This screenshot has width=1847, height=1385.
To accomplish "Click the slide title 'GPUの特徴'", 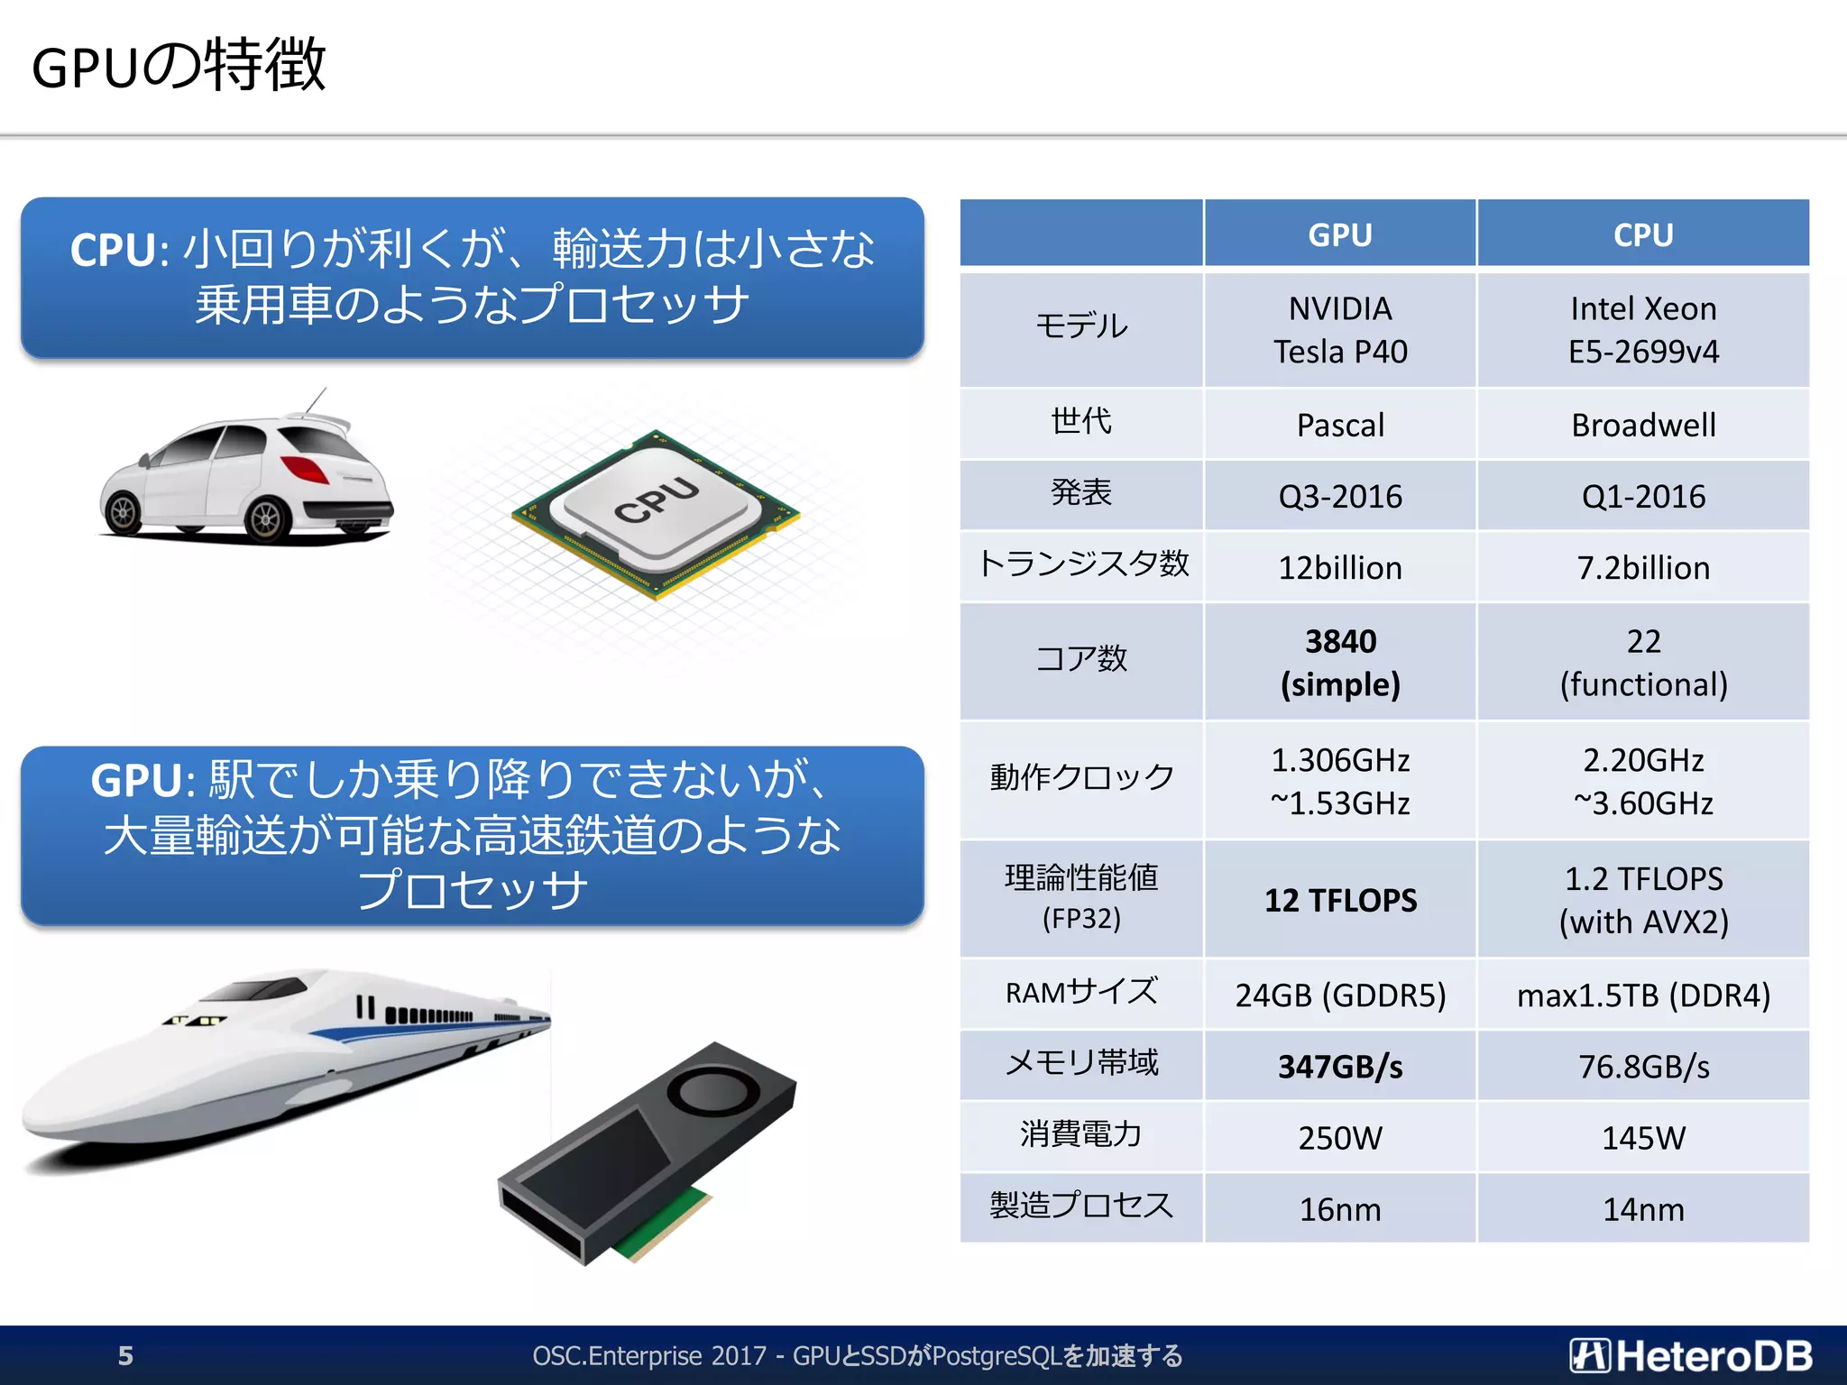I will pyautogui.click(x=179, y=66).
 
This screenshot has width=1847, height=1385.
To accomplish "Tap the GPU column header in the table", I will pyautogui.click(x=1339, y=234).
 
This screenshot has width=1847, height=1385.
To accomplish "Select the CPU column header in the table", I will pyautogui.click(x=1642, y=234).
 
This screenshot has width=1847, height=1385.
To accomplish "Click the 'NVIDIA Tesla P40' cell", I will pyautogui.click(x=1339, y=330).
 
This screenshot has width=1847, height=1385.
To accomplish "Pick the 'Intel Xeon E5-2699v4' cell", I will pyautogui.click(x=1642, y=330).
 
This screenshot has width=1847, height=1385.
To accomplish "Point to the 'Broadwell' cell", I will pyautogui.click(x=1642, y=425).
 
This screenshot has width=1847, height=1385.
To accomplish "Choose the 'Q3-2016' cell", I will pyautogui.click(x=1339, y=496).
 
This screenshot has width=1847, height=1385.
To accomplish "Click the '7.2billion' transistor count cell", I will pyautogui.click(x=1642, y=568).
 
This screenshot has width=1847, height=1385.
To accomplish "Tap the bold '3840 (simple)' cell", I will pyautogui.click(x=1339, y=663).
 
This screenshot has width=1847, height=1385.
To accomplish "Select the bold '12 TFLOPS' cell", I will pyautogui.click(x=1339, y=900).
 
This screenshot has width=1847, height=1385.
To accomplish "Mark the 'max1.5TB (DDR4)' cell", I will pyautogui.click(x=1642, y=995).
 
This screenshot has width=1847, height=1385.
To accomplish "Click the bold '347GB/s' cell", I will pyautogui.click(x=1339, y=1067).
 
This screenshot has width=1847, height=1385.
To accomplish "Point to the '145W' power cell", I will pyautogui.click(x=1642, y=1138).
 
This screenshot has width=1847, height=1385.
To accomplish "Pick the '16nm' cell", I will pyautogui.click(x=1339, y=1209).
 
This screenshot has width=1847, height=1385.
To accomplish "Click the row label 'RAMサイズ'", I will pyautogui.click(x=1080, y=993).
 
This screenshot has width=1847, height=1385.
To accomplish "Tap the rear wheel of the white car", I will pyautogui.click(x=267, y=518).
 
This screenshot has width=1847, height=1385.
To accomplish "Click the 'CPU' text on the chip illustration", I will pyautogui.click(x=657, y=501).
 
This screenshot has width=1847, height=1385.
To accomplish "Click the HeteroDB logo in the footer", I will pyautogui.click(x=1690, y=1355).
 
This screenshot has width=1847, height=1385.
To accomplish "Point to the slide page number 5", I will pyautogui.click(x=125, y=1355).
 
